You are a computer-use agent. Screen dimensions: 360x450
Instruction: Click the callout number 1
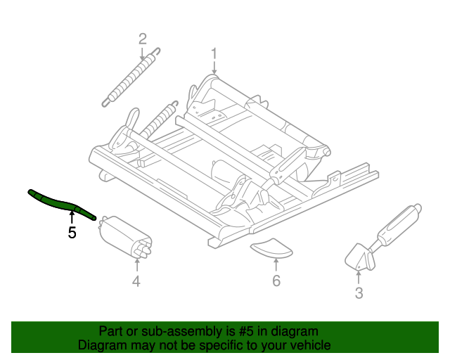(x=214, y=53)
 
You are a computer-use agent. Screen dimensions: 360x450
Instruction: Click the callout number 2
(x=143, y=38)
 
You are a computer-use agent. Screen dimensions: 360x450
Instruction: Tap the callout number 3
(x=359, y=293)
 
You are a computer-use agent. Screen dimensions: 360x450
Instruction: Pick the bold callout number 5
(x=72, y=233)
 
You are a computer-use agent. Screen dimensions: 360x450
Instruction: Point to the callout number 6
(x=276, y=281)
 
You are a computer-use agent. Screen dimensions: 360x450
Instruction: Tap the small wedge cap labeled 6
(x=273, y=247)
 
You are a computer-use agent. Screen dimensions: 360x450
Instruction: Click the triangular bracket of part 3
(x=360, y=257)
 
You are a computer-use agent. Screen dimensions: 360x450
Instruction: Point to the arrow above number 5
(x=71, y=217)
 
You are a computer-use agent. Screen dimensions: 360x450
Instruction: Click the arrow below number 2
(x=143, y=53)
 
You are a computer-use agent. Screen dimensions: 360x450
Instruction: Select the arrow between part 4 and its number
(x=136, y=264)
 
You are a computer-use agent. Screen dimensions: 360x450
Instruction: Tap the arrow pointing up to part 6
(x=276, y=264)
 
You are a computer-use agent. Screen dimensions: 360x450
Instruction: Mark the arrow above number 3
(x=359, y=276)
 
